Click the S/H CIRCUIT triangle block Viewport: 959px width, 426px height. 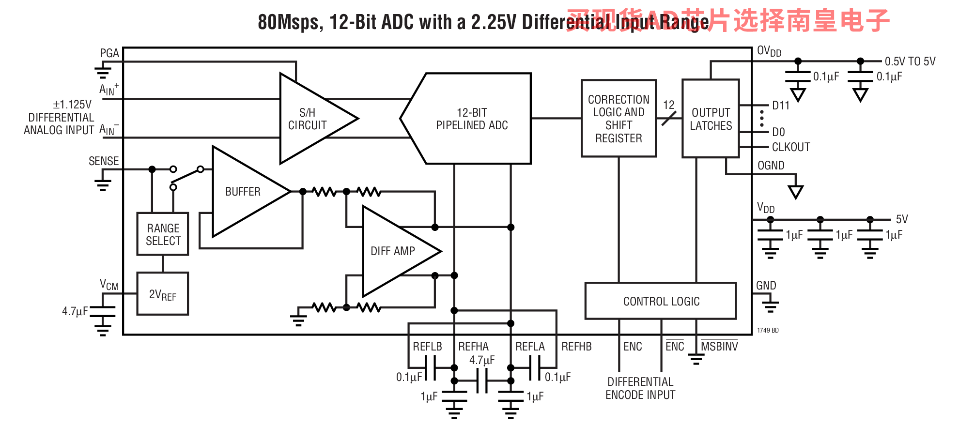pyautogui.click(x=310, y=119)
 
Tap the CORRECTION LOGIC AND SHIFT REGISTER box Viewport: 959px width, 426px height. pyautogui.click(x=619, y=119)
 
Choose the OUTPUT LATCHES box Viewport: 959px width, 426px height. pyautogui.click(x=711, y=119)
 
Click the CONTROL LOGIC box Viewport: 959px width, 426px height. pyautogui.click(x=661, y=301)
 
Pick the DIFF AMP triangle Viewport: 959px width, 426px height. pyautogui.click(x=393, y=251)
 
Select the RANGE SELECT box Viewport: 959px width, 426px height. pyautogui.click(x=163, y=234)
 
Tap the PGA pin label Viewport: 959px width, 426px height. pyautogui.click(x=109, y=53)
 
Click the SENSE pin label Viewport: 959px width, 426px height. pyautogui.click(x=104, y=161)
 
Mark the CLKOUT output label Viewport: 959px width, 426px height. pyautogui.click(x=790, y=147)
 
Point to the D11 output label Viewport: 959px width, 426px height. pyautogui.click(x=781, y=106)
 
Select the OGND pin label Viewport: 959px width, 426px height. pyautogui.click(x=771, y=166)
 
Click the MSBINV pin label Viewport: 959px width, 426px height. pyautogui.click(x=719, y=347)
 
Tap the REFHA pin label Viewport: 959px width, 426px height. pyautogui.click(x=473, y=347)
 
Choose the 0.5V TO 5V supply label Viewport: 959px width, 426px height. pyautogui.click(x=910, y=61)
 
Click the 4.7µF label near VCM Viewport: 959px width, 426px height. pyautogui.click(x=75, y=311)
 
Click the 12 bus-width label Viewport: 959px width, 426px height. pyautogui.click(x=669, y=105)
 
